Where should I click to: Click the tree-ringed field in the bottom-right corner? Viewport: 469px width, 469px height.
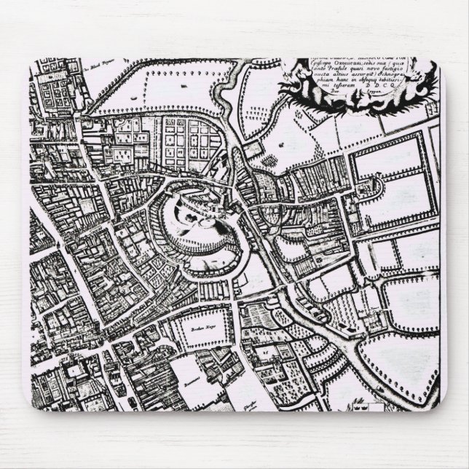click(x=397, y=368)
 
